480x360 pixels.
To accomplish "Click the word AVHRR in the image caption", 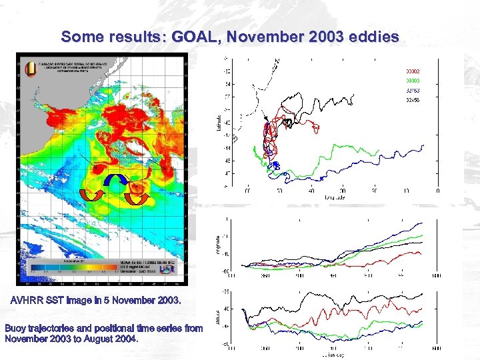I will [29, 301].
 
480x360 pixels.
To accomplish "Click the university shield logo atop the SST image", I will [29, 67].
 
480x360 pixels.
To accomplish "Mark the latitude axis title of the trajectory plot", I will [219, 122].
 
